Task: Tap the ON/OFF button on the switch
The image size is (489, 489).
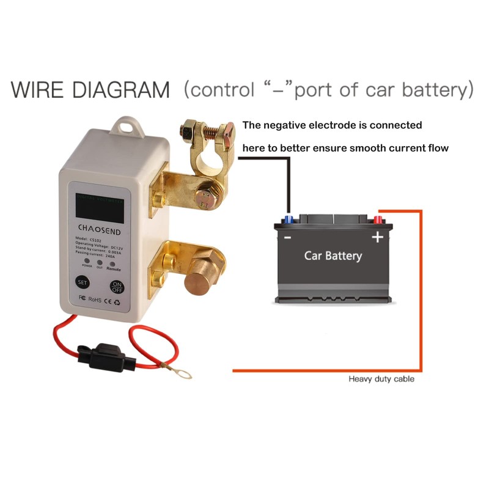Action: (117, 286)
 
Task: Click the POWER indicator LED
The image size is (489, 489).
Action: (87, 262)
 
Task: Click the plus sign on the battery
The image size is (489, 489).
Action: (378, 237)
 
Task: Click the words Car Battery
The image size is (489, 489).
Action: (333, 255)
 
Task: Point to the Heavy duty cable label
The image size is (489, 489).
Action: (381, 379)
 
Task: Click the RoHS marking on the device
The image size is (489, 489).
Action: (94, 299)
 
